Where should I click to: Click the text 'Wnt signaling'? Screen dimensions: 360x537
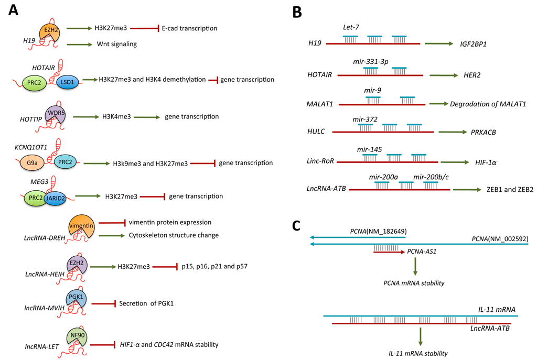(116, 44)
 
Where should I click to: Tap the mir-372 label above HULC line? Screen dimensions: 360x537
(365, 120)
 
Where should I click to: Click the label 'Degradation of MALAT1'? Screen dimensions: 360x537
(487, 104)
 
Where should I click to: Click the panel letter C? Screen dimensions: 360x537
(296, 226)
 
